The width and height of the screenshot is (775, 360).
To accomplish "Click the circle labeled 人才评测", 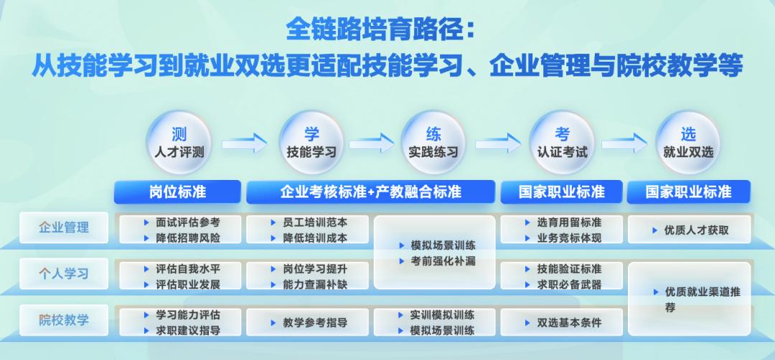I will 179,143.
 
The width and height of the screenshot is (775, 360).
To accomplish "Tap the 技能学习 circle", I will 311,143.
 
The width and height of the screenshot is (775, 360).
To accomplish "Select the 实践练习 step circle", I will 433,143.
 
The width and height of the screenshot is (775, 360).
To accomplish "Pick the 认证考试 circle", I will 563,143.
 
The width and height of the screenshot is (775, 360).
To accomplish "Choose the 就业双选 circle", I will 688,143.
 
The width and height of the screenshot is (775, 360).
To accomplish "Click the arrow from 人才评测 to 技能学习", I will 245,143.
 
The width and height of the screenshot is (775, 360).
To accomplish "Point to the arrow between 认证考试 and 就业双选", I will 625,143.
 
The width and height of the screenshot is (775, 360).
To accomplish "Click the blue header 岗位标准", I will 178,191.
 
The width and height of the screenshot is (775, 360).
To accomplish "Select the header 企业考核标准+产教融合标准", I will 370,191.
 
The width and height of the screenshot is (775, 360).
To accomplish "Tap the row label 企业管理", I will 65,228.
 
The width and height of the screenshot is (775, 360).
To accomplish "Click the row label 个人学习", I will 65,274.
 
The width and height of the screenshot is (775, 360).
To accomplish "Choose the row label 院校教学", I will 65,320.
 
